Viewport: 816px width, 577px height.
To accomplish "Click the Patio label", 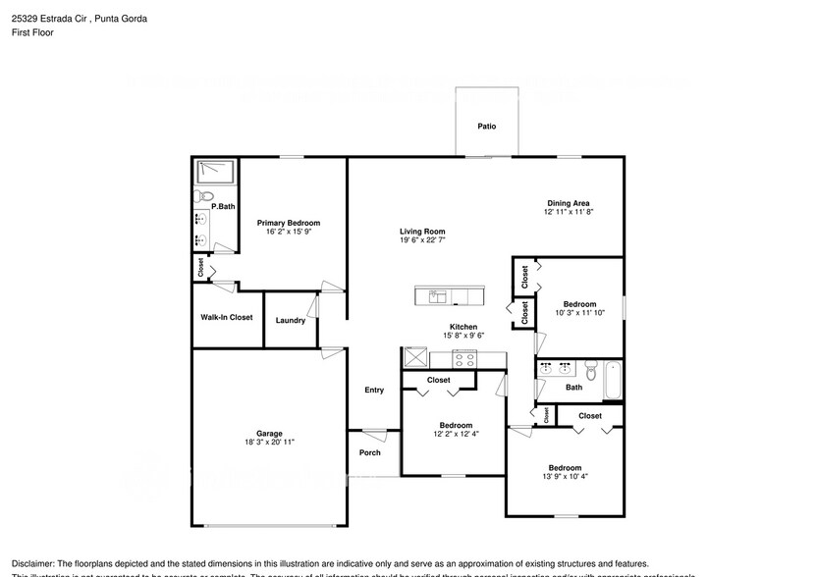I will pyautogui.click(x=486, y=127).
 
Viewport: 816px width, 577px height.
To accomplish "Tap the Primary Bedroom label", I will pyautogui.click(x=288, y=223).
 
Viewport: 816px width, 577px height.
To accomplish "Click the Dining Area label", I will pyautogui.click(x=569, y=203).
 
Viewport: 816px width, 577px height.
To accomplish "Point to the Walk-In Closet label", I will pyautogui.click(x=227, y=317).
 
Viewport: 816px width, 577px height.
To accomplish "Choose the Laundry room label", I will pyautogui.click(x=290, y=320).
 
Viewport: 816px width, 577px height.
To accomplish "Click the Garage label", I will pyautogui.click(x=269, y=433).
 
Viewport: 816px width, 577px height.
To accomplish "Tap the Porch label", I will pyautogui.click(x=370, y=452).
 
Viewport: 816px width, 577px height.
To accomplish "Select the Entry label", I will pyautogui.click(x=374, y=390).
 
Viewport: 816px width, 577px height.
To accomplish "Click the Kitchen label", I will pyautogui.click(x=463, y=327).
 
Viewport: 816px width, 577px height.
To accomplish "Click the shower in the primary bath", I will pyautogui.click(x=215, y=173).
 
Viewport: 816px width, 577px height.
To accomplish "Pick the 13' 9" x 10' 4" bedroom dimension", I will pyautogui.click(x=565, y=477).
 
